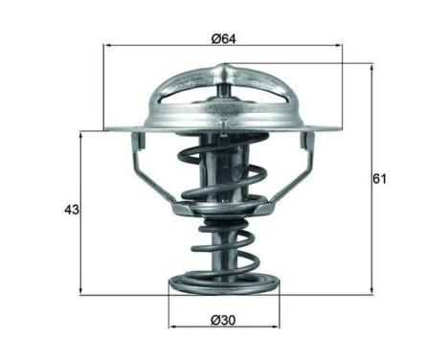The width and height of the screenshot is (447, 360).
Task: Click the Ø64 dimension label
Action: (224, 38)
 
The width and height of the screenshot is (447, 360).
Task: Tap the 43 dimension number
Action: (70, 210)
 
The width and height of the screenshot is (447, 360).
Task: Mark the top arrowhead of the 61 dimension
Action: (371, 68)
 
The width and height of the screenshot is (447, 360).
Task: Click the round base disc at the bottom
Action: (223, 284)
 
